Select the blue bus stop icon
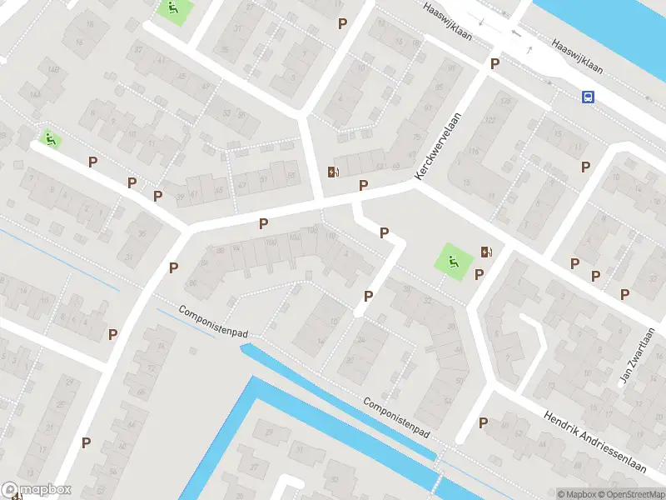pos(588,97)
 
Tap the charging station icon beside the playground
pos(485,252)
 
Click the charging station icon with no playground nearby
pos(335,172)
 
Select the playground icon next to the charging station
pos(452,260)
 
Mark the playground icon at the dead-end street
pos(50,138)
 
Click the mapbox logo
pos(37,490)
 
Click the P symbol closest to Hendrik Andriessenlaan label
pos(483,423)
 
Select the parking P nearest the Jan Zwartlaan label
pos(624,293)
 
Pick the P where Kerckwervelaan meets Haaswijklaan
pos(495,63)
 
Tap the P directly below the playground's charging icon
pos(479,275)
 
